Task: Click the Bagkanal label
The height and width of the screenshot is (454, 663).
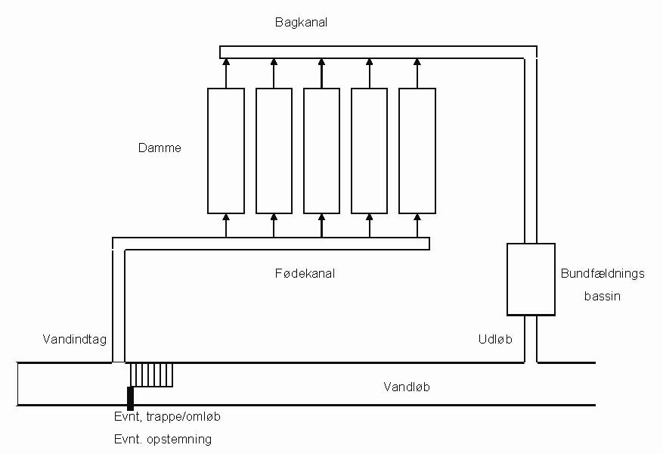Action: click(x=301, y=23)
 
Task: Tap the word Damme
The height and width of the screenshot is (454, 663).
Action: click(x=160, y=148)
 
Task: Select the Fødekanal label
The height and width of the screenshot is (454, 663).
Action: click(x=305, y=273)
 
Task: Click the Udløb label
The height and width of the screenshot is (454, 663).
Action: click(x=495, y=340)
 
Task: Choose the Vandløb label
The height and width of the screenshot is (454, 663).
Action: click(x=407, y=387)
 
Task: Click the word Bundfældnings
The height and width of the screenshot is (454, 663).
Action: click(x=603, y=274)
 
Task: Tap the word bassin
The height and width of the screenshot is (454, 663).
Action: click(x=603, y=296)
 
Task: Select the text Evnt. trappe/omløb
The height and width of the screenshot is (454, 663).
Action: click(x=167, y=417)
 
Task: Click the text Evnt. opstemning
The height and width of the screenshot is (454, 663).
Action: click(x=163, y=439)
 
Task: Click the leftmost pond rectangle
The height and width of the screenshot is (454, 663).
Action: click(x=226, y=151)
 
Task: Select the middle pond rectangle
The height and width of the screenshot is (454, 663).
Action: click(x=321, y=151)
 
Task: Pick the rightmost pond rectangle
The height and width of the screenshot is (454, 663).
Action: click(x=417, y=151)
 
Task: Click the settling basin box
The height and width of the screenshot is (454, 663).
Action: click(x=531, y=278)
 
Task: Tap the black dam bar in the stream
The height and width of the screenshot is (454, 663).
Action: click(x=130, y=397)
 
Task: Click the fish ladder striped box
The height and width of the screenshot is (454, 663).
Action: click(x=151, y=374)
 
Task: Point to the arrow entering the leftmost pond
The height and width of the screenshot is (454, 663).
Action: click(x=226, y=225)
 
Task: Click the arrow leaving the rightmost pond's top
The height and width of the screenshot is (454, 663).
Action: click(x=417, y=73)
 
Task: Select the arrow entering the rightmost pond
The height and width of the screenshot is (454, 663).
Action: click(x=417, y=225)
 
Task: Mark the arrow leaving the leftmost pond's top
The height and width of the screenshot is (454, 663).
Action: click(x=226, y=73)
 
